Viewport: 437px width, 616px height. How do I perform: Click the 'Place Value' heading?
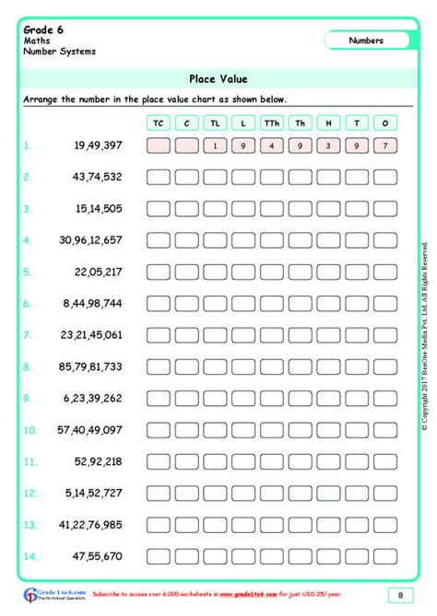pyautogui.click(x=218, y=79)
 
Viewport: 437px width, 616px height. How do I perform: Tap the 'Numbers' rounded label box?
pyautogui.click(x=367, y=41)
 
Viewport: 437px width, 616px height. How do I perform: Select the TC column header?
pyautogui.click(x=159, y=122)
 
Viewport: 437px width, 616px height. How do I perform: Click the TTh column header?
pyautogui.click(x=272, y=122)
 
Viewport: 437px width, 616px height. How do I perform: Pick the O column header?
pyautogui.click(x=384, y=122)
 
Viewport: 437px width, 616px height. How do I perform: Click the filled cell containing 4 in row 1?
pyautogui.click(x=272, y=145)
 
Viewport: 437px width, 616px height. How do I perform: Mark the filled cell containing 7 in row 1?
pyautogui.click(x=384, y=145)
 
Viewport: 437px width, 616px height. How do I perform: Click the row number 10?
pyautogui.click(x=30, y=430)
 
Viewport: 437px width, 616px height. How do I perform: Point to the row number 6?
pyautogui.click(x=28, y=303)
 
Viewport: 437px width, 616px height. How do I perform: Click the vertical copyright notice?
pyautogui.click(x=424, y=336)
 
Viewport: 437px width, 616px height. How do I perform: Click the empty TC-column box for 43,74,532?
pyautogui.click(x=159, y=177)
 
